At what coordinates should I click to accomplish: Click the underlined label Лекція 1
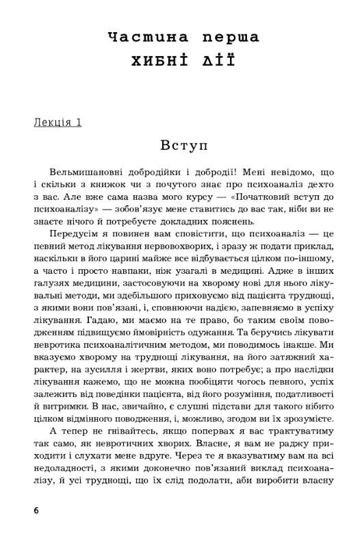(57, 123)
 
